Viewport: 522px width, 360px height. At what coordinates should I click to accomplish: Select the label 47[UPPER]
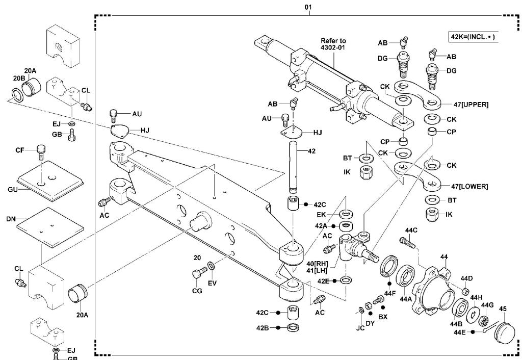pos(469,104)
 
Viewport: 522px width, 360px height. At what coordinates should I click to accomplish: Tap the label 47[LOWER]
pos(469,186)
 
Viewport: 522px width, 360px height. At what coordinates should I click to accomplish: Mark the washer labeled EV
pos(212,266)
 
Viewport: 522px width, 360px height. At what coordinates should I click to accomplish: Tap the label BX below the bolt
pos(383,316)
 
